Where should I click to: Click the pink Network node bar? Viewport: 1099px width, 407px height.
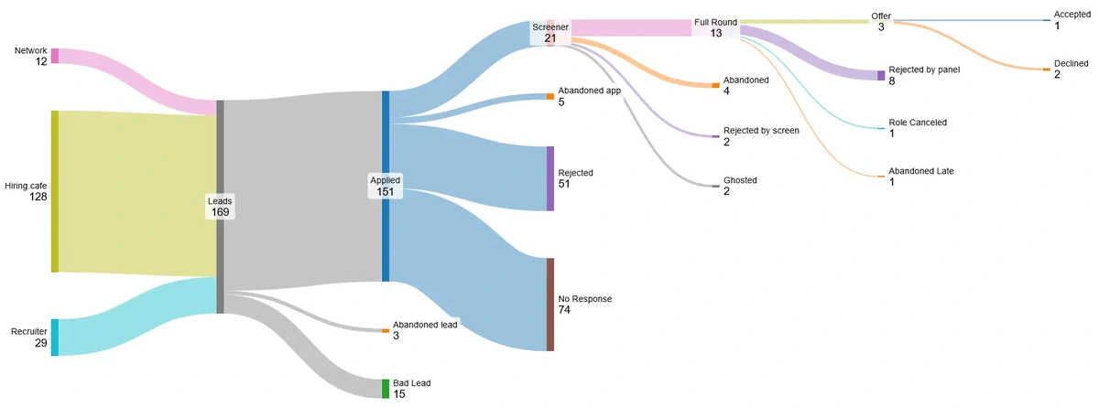pos(54,56)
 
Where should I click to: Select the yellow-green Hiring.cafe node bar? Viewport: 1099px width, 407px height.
pos(54,191)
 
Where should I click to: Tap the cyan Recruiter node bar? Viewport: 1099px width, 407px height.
pos(54,337)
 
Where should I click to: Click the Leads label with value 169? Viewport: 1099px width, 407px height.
pos(220,206)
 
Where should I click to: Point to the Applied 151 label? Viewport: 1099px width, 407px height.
pos(385,186)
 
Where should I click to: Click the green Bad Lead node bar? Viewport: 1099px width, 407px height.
pos(386,389)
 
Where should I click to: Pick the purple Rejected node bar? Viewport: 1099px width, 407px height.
pos(550,178)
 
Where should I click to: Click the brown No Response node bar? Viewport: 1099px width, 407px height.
pos(550,305)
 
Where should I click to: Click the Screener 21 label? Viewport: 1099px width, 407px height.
pos(550,33)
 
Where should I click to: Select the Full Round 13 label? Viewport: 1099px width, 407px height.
pos(715,27)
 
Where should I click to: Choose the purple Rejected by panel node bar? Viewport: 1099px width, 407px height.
pos(881,75)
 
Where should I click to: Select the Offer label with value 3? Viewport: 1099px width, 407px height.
pos(881,22)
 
